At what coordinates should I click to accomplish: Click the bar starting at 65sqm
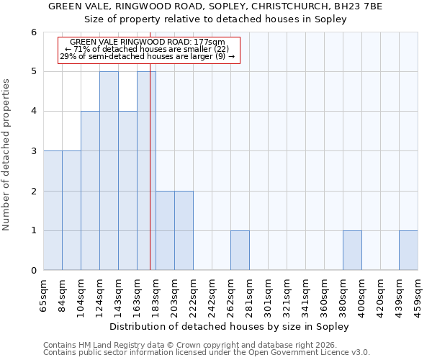coord(53,210)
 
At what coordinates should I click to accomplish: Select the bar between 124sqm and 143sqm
coord(109,171)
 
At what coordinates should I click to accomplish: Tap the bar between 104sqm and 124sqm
coord(90,191)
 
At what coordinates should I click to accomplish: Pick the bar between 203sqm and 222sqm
coord(165,230)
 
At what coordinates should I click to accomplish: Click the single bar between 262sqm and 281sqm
coord(240,251)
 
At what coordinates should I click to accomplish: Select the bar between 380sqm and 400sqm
coord(352,251)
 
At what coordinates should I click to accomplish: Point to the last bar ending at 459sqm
coord(408,251)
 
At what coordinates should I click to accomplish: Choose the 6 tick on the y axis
coord(34,32)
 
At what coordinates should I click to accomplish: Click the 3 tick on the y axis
coord(34,151)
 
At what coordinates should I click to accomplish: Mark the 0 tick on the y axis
coord(34,271)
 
